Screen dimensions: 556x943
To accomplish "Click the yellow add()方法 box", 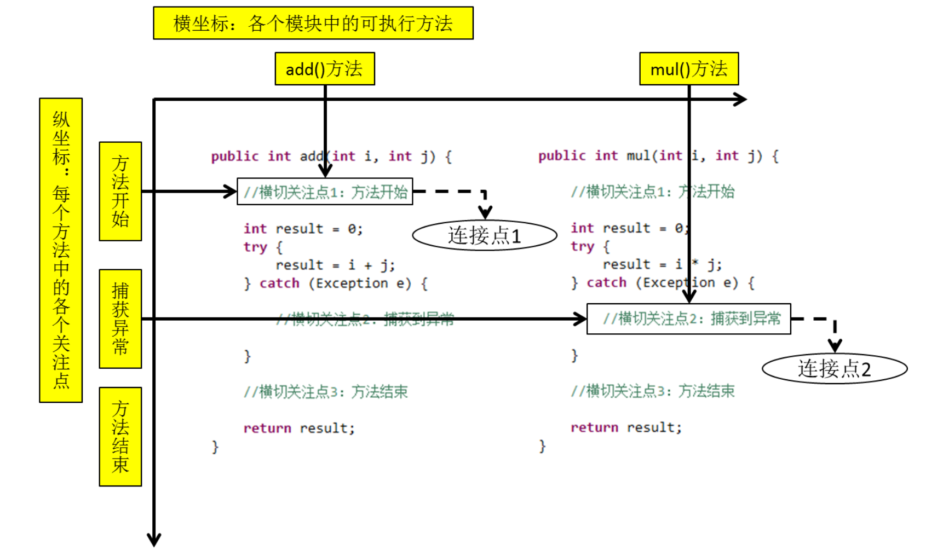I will click(x=324, y=69).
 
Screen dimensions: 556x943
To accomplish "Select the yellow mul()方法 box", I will click(x=688, y=69).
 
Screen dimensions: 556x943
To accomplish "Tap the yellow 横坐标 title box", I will click(x=313, y=23).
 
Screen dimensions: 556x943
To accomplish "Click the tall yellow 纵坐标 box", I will click(x=61, y=250).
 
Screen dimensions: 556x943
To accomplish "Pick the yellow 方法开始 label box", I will click(x=120, y=191).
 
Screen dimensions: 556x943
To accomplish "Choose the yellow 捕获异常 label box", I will click(x=120, y=318).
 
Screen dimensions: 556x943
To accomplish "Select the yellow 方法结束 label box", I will click(x=120, y=436).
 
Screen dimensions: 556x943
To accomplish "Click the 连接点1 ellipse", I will click(x=484, y=235).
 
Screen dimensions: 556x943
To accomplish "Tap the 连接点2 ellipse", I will click(x=834, y=368).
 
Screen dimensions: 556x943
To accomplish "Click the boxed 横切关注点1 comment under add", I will click(x=325, y=192).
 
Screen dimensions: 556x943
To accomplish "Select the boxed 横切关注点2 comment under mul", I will click(x=688, y=318).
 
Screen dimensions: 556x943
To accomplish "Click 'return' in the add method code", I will click(x=267, y=428).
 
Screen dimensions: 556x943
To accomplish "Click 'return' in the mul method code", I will click(x=594, y=427).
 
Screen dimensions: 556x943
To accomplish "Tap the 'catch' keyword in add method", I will click(x=279, y=283).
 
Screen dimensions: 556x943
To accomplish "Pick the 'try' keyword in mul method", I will click(x=582, y=246).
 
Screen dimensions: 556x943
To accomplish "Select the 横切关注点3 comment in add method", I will click(x=326, y=392).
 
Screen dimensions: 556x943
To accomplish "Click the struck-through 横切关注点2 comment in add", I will click(x=365, y=319).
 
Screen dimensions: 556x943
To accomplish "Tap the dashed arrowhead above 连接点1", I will click(x=485, y=212).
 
